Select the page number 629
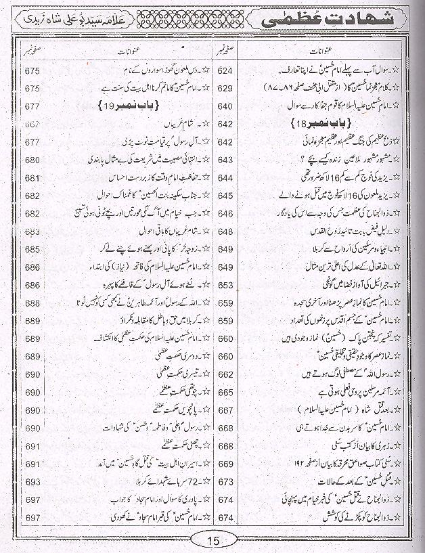point(225,89)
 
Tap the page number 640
point(225,106)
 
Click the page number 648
point(225,231)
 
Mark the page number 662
point(225,374)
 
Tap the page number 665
point(225,392)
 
